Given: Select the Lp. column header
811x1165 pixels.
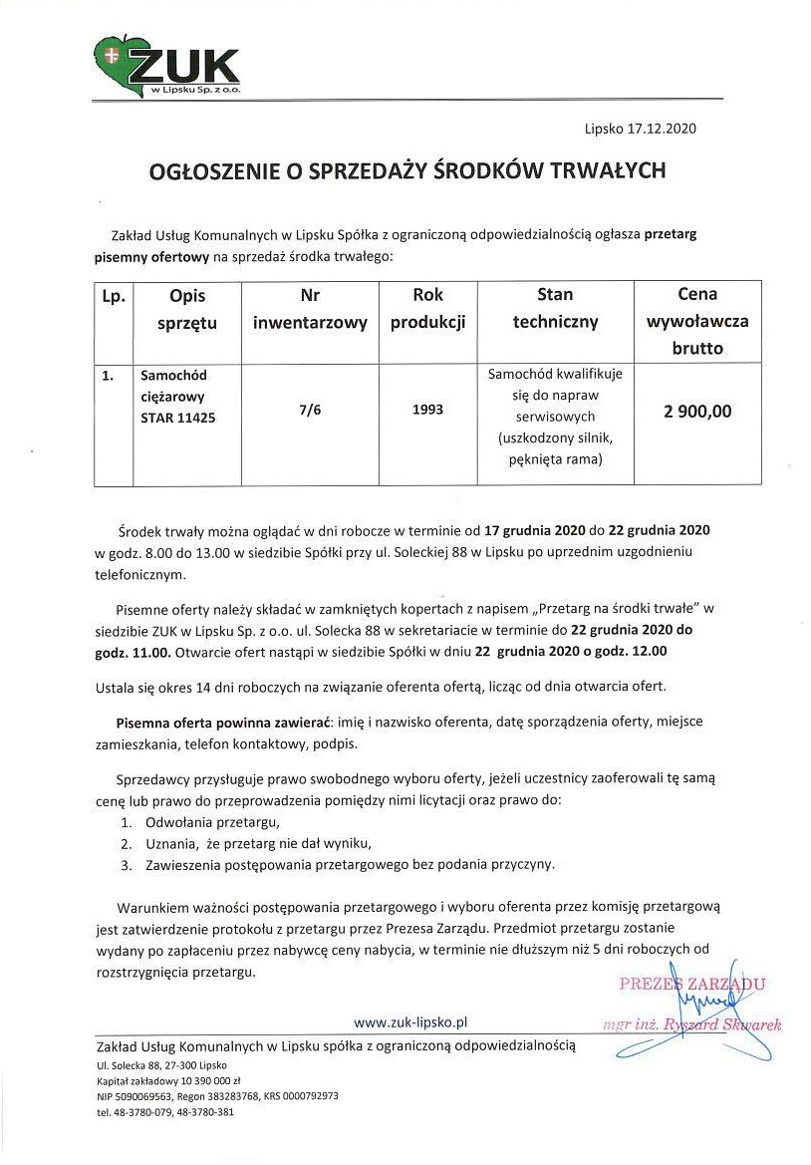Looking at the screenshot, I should tap(113, 296).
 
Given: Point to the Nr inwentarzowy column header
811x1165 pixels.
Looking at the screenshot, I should tap(309, 309).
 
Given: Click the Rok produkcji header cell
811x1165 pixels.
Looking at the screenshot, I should tap(427, 309).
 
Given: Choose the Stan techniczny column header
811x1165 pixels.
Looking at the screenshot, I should tap(555, 309).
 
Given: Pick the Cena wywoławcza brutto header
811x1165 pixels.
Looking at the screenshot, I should tap(697, 321).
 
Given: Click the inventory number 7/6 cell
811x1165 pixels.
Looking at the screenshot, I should tap(309, 410).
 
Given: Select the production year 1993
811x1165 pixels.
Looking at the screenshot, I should tap(427, 410).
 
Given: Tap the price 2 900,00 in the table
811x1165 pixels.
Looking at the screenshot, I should tap(697, 411).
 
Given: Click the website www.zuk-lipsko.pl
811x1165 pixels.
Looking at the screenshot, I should tap(410, 1022).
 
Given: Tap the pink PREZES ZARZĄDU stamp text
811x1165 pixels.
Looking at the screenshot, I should tap(690, 985).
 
